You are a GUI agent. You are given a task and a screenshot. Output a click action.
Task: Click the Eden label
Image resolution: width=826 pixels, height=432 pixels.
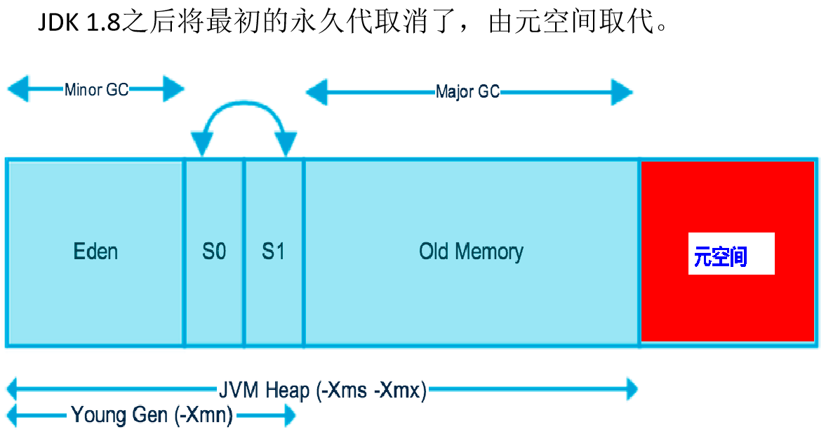95,251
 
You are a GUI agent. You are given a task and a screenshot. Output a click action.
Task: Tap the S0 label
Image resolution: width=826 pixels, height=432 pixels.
214,251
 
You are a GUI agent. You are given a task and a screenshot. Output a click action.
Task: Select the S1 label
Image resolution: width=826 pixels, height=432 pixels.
274,251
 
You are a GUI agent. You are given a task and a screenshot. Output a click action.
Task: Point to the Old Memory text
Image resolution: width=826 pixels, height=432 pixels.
471,251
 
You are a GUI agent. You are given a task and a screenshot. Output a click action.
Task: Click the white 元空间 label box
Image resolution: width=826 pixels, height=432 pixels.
731,253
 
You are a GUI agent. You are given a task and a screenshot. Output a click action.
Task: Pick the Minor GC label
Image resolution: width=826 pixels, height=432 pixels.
96,90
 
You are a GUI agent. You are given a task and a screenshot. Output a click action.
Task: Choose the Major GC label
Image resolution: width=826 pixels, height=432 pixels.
468,92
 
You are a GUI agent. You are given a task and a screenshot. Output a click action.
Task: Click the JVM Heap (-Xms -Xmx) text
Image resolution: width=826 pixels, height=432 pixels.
322,391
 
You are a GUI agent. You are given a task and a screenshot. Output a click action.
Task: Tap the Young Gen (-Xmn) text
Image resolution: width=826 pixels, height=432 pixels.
152,415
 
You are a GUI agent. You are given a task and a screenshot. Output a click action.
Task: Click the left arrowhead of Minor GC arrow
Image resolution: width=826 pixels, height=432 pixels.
18,89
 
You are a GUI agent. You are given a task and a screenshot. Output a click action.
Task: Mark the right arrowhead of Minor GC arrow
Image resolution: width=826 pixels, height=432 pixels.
173,89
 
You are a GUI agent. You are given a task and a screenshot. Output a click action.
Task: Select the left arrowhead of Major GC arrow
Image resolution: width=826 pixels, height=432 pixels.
316,92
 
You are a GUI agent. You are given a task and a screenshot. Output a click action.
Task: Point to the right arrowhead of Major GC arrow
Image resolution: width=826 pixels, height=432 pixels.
622,92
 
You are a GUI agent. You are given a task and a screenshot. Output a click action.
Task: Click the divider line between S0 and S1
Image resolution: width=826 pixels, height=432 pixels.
244,252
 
